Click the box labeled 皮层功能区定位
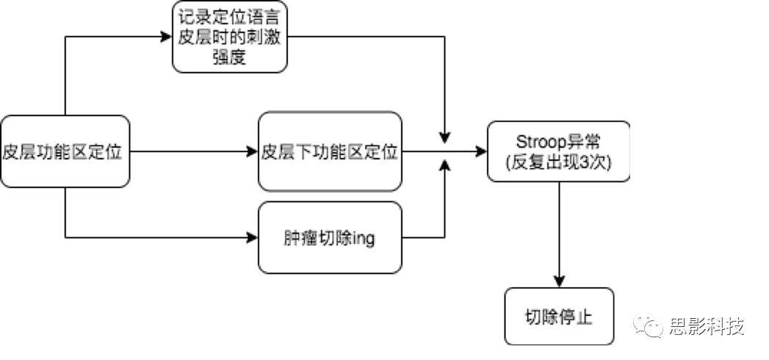pos(65,152)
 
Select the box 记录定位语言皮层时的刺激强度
pos(230,36)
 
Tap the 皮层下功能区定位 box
pos(330,152)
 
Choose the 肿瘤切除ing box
pos(330,237)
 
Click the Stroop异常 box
pos(558,152)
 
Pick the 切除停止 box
pos(558,317)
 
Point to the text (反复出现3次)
pos(558,163)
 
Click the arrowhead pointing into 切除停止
pos(559,281)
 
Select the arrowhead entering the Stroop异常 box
pos(480,152)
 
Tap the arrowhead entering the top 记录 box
pos(167,36)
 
